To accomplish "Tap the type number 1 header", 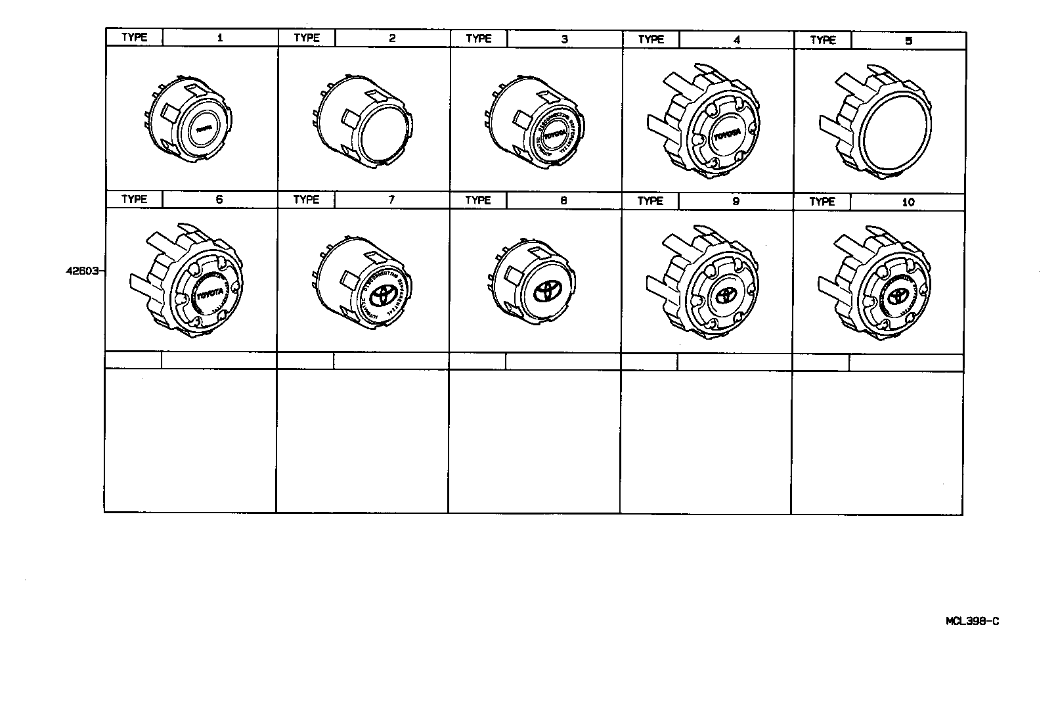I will coord(220,37).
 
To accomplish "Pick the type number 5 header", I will coord(908,40).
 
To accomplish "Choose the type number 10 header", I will coord(908,202).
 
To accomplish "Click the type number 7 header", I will coord(391,200).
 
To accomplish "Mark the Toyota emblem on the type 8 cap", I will coord(546,294).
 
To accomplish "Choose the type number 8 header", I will coord(563,200).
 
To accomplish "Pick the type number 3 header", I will coord(564,39).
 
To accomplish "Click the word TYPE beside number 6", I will coord(134,199).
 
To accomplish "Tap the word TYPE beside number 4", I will coord(650,39).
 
